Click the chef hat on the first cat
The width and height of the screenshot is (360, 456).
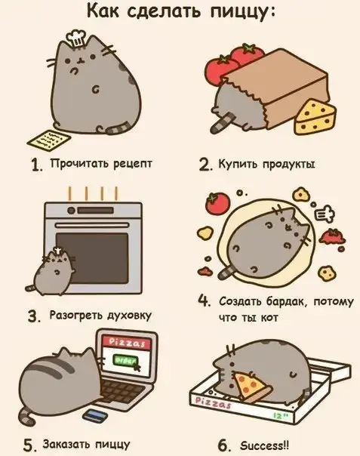75,39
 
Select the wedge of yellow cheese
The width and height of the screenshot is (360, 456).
315,117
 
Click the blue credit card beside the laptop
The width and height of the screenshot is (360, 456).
93,415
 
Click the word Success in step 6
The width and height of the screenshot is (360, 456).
262,445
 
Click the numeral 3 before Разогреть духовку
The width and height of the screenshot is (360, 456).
34,316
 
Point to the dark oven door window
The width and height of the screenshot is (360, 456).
92,258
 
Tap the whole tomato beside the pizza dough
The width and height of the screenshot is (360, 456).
217,203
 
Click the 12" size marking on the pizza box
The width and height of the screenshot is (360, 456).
281,416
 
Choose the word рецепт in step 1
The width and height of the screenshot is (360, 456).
132,164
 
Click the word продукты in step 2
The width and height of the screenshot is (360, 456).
289,165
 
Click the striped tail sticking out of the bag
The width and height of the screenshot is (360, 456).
222,122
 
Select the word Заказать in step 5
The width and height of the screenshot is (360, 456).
65,444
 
